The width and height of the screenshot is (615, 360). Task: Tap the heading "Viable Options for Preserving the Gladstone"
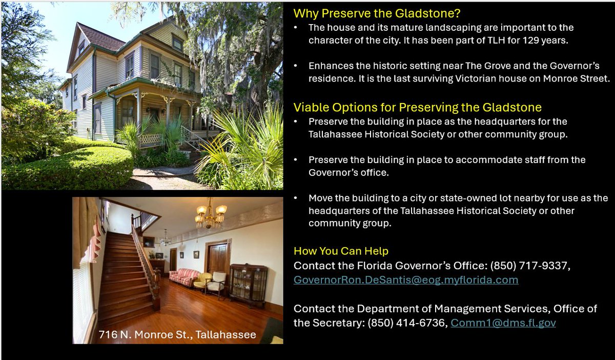[x=417, y=108]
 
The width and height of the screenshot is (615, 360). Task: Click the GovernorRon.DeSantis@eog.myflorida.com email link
[x=405, y=280]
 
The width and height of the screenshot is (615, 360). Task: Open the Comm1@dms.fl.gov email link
[x=503, y=323]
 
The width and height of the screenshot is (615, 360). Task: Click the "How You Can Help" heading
[x=341, y=251]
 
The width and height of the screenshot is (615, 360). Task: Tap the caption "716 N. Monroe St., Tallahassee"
[x=177, y=335]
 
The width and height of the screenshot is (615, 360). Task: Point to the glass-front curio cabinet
[x=249, y=285]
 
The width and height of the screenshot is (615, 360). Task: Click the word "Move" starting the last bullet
[x=320, y=198]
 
